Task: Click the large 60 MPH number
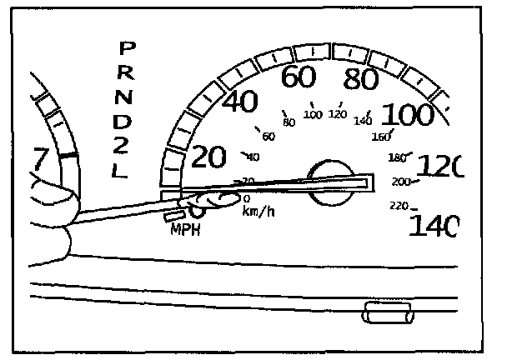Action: pos(298,77)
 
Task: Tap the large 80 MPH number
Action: pos(361,81)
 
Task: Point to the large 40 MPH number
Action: pos(240,105)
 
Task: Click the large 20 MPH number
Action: pos(209,156)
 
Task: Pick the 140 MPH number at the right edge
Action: pos(434,225)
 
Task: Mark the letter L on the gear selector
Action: pos(120,172)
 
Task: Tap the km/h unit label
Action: pos(259,212)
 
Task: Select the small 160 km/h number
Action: pos(382,137)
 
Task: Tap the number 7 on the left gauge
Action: pos(38,157)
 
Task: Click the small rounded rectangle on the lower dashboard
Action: pos(389,313)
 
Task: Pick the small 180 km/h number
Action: pos(399,157)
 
